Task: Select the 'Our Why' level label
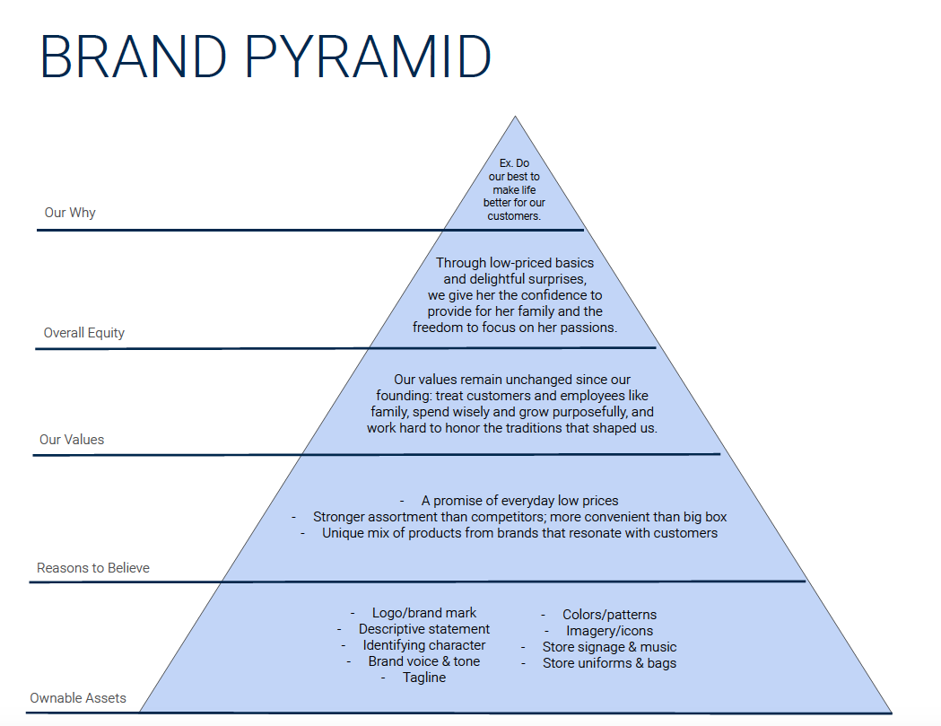pos(70,213)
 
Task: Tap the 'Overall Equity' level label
pos(84,333)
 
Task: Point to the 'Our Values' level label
pos(72,440)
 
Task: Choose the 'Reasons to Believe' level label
pos(93,568)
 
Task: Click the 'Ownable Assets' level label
pos(78,698)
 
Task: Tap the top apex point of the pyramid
pos(515,117)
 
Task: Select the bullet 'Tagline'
pos(424,678)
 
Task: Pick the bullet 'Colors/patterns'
pos(609,615)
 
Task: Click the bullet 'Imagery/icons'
pos(610,631)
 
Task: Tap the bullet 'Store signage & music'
pos(609,647)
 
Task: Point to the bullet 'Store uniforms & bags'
pos(609,663)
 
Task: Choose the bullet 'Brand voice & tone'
pos(423,661)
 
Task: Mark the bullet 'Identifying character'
pos(424,645)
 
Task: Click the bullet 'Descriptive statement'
pos(424,629)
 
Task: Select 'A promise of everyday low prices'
pos(519,501)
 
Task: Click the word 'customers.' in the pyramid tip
pos(515,216)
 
